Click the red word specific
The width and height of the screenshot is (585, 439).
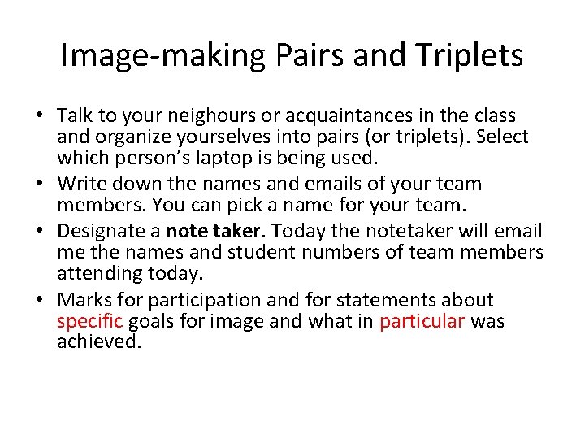coord(89,321)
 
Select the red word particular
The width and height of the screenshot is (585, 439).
coord(422,321)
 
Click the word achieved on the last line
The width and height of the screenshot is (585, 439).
coord(98,341)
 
